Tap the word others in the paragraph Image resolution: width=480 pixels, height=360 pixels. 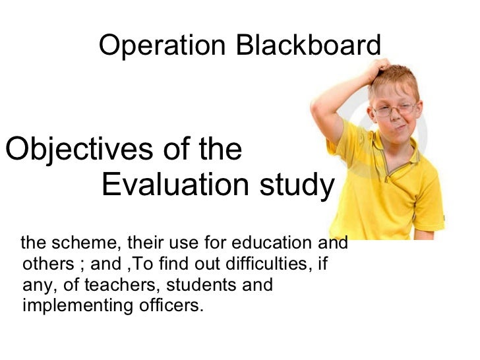pyautogui.click(x=44, y=265)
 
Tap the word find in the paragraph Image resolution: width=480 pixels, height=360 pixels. pyautogui.click(x=171, y=265)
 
